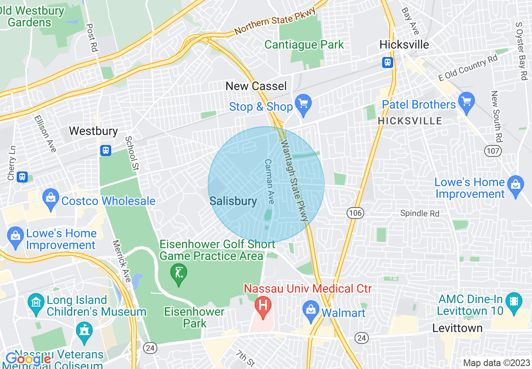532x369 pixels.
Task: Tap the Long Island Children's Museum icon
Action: click(36, 301)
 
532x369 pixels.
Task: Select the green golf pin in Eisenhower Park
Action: click(179, 274)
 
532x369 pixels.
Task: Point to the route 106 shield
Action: click(355, 213)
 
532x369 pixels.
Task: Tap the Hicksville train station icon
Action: click(387, 62)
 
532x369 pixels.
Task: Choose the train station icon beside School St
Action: click(106, 150)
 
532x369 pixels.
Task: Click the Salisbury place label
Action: click(233, 201)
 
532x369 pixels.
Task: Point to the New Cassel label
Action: click(256, 86)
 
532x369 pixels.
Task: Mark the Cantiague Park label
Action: click(304, 45)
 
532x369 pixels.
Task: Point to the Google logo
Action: click(28, 359)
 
